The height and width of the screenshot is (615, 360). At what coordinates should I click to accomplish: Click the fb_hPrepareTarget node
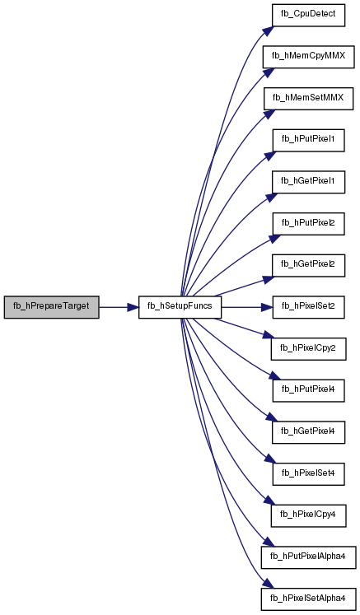tap(51, 307)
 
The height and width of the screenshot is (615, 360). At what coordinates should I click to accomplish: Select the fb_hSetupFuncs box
tap(180, 307)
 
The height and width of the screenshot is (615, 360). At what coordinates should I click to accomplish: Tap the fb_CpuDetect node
tap(308, 16)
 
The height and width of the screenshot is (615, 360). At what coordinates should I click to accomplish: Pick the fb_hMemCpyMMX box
tap(308, 57)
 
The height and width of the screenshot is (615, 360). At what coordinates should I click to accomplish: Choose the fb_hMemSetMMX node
tap(308, 99)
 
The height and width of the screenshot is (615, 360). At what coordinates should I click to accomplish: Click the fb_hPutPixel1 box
tap(308, 141)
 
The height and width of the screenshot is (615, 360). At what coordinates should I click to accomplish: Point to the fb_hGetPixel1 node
tap(308, 182)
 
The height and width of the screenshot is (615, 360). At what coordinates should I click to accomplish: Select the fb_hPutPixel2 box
tap(308, 224)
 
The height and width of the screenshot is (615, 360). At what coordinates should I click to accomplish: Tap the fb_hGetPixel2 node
tap(308, 266)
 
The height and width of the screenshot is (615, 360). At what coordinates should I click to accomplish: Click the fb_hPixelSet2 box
tap(308, 307)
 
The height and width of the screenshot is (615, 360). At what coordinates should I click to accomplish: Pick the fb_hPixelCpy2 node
tap(308, 349)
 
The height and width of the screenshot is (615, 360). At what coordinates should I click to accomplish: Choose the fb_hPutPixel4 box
tap(308, 390)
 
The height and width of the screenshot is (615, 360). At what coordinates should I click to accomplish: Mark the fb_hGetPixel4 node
tap(308, 432)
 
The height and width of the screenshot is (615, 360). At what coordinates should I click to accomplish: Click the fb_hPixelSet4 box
tap(308, 474)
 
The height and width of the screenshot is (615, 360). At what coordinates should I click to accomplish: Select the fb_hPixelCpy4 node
tap(308, 515)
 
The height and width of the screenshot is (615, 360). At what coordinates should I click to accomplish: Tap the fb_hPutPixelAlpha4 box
tap(308, 557)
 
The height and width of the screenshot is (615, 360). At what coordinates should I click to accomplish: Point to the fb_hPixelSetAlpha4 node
tap(308, 599)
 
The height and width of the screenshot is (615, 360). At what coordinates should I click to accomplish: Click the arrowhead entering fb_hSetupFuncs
tap(133, 307)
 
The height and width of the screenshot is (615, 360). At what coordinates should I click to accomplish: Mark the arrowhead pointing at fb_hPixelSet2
tap(268, 307)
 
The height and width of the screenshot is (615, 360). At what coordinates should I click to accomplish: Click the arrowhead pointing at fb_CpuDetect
tap(268, 30)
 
